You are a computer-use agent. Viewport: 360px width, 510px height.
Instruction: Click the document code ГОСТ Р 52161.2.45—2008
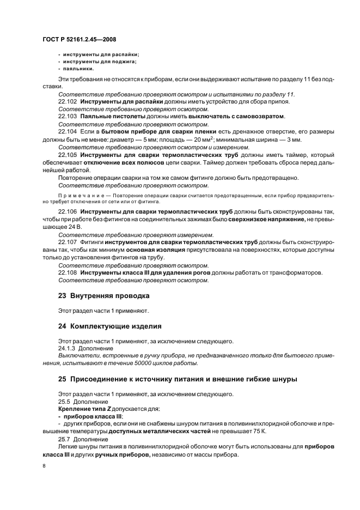pos(79,39)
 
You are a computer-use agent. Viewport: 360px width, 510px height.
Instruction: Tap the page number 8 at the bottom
pos(44,466)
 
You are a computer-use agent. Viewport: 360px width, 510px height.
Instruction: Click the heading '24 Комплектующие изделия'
pos(109,326)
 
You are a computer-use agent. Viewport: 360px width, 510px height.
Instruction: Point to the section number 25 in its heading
pos(62,379)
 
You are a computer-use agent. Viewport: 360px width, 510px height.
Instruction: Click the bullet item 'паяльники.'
pos(78,69)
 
